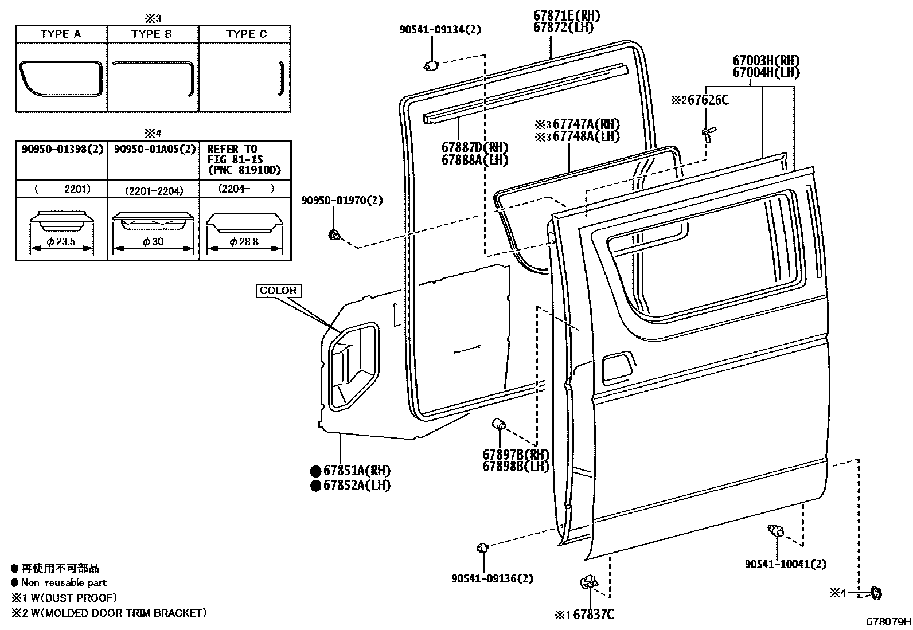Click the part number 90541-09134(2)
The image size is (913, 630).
[x=440, y=29]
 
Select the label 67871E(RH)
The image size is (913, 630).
[x=567, y=16]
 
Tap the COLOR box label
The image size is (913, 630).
[x=278, y=291]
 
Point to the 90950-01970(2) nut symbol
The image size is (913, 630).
[x=333, y=234]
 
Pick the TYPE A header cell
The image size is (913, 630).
[x=61, y=34]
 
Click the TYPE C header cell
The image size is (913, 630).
[x=246, y=34]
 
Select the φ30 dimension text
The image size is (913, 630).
[x=154, y=242]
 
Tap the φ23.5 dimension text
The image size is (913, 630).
[x=61, y=242]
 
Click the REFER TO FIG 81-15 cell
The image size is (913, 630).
[x=244, y=159]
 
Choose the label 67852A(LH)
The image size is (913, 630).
[x=356, y=485]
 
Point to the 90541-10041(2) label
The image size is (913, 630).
[x=786, y=564]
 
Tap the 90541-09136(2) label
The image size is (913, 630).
[x=492, y=578]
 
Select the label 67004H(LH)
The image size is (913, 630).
[x=766, y=73]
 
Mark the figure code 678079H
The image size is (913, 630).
[x=888, y=621]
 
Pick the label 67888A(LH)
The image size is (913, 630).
[x=475, y=160]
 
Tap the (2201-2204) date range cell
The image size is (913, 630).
[x=154, y=189]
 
